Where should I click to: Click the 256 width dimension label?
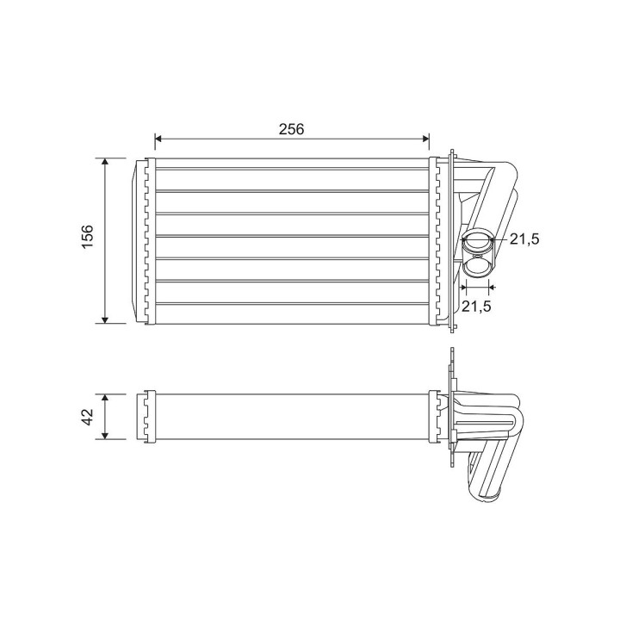(x=291, y=129)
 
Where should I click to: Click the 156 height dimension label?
(x=87, y=237)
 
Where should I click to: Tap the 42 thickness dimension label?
(x=87, y=417)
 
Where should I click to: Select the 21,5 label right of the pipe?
(x=524, y=239)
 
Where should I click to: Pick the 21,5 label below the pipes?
(x=476, y=306)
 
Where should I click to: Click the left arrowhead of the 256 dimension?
(x=158, y=139)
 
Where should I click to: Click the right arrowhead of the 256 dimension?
(x=426, y=139)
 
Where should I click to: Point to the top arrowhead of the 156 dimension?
(x=105, y=161)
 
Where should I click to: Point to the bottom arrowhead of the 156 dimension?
(x=105, y=319)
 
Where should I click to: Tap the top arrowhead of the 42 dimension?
(x=105, y=398)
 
